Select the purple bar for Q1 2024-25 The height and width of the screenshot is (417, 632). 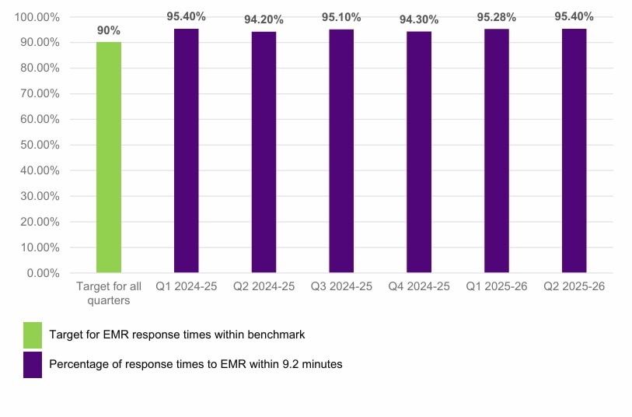(x=186, y=151)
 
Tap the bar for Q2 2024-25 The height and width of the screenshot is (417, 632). (x=264, y=152)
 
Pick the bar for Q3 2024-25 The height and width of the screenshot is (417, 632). (x=341, y=151)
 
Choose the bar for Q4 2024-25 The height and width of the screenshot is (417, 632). (x=419, y=152)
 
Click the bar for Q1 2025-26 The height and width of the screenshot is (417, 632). (x=497, y=151)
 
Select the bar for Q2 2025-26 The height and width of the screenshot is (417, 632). (x=574, y=151)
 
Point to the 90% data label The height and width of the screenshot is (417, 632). (x=109, y=30)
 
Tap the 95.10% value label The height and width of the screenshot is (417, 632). (x=341, y=18)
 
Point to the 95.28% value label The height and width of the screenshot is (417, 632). (x=497, y=17)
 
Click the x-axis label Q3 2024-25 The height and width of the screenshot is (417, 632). (x=341, y=286)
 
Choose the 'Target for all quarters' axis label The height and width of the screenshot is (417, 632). (x=108, y=293)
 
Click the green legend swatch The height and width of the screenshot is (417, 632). (x=33, y=335)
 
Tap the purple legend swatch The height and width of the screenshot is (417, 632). (x=33, y=364)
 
